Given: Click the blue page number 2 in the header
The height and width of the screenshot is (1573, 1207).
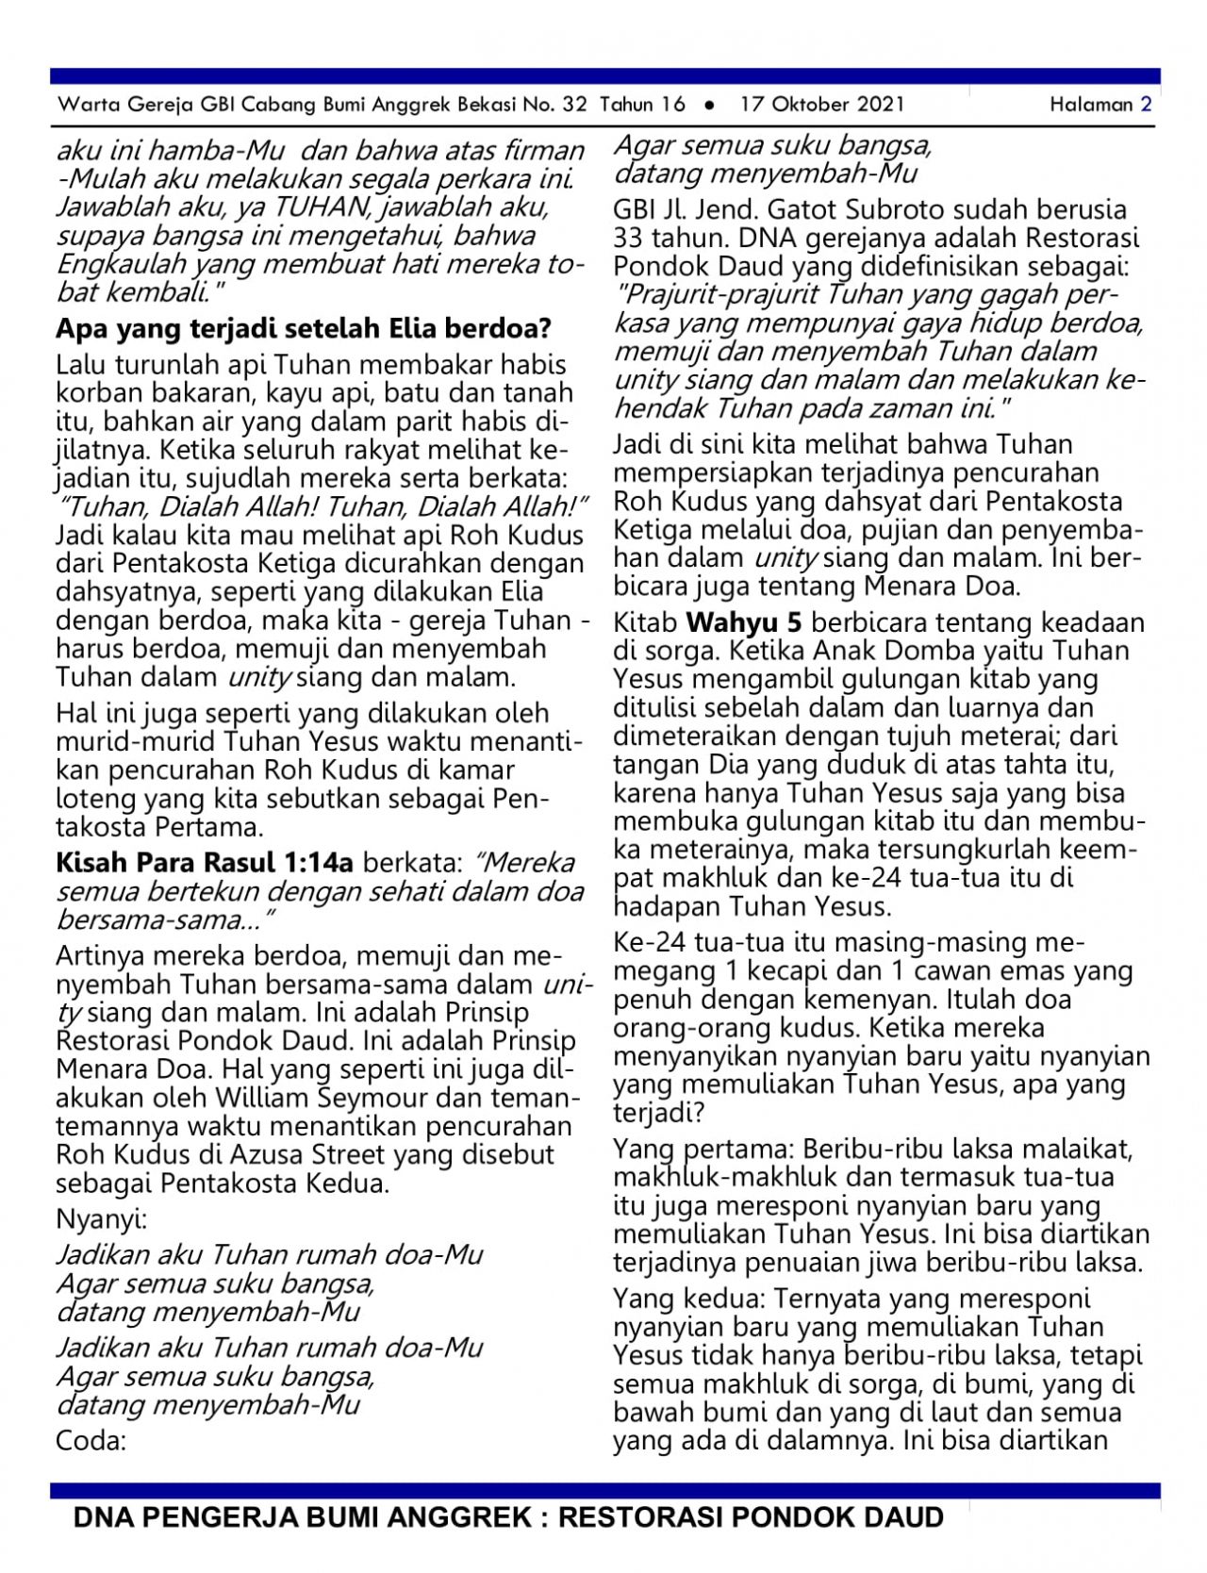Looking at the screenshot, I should coord(1146,105).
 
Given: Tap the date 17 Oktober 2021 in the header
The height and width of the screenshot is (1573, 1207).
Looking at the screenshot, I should coord(822,105).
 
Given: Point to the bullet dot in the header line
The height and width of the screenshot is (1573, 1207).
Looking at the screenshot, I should coord(710,105).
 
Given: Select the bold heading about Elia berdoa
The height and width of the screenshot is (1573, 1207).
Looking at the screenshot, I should coord(304,328).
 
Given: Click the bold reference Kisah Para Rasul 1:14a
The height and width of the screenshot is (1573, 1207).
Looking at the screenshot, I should coord(205,862).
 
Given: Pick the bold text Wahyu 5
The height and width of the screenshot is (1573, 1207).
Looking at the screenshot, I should coord(745,622).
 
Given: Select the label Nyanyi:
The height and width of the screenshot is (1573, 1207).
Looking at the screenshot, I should coord(102,1219).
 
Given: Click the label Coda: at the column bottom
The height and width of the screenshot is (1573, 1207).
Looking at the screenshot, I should coord(91,1441).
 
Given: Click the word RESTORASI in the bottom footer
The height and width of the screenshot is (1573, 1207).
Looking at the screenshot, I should coord(640,1517).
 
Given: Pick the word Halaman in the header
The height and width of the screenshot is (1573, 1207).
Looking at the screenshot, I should coord(1091,105).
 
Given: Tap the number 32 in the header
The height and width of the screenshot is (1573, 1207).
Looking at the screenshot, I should coord(574,105).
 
